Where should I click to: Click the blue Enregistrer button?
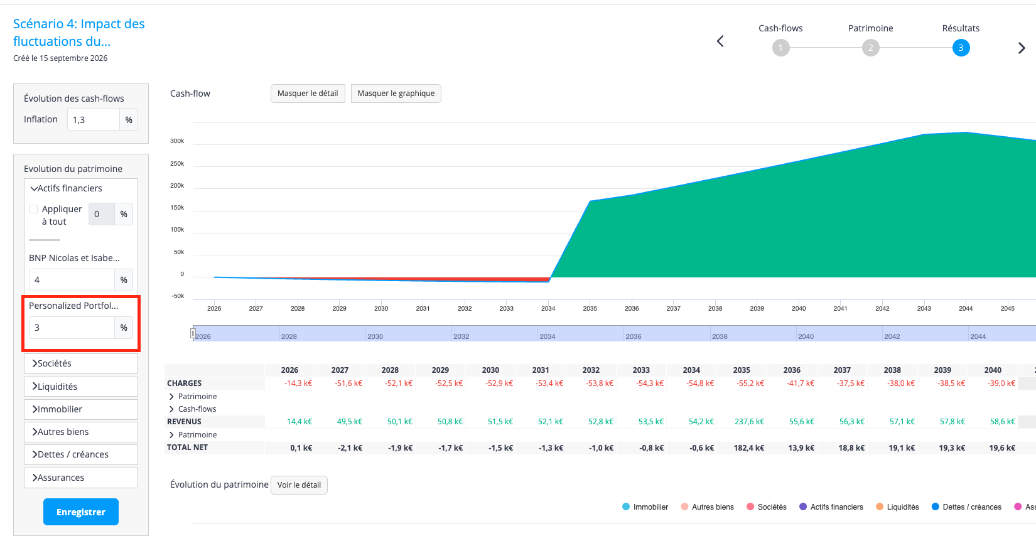pos(81,512)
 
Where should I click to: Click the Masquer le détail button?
pos(308,94)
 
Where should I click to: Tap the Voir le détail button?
pos(299,485)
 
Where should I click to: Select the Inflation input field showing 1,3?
pos(94,120)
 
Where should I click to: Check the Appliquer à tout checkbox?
pos(33,209)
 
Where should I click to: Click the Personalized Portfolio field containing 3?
pos(72,328)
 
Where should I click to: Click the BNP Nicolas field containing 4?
pos(72,280)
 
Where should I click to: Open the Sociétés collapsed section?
pos(81,363)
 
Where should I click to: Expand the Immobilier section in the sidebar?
pos(81,409)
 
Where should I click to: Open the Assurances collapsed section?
pos(81,478)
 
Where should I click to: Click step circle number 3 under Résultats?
pos(961,48)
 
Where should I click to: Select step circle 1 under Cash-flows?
pos(780,48)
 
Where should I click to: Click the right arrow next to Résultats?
pos(1022,48)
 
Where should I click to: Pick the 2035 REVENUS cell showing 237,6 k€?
pos(749,422)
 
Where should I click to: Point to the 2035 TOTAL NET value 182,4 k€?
pos(748,447)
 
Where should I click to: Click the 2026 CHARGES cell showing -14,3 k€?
pos(298,383)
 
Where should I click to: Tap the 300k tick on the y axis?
pos(177,141)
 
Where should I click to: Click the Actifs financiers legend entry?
pos(831,506)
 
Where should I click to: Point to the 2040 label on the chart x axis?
pos(799,308)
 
